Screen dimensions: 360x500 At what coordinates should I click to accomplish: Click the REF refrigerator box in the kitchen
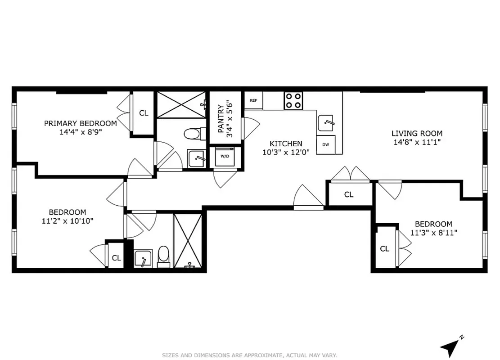tap(253, 100)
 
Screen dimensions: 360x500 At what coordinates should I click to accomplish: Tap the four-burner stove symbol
tap(293, 100)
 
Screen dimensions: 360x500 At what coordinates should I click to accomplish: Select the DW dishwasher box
tap(325, 145)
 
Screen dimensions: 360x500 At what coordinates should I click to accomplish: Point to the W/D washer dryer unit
tap(224, 157)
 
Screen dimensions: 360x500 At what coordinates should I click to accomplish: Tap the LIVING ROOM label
tap(417, 133)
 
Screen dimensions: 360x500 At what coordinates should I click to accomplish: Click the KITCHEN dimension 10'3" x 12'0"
tap(283, 152)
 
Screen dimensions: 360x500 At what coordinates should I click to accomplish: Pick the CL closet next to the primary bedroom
tap(143, 113)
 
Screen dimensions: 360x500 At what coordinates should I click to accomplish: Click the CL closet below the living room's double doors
tap(349, 194)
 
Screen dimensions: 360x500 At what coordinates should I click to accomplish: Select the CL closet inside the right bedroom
tap(384, 249)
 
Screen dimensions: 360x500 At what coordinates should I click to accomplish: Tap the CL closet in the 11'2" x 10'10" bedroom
tap(116, 258)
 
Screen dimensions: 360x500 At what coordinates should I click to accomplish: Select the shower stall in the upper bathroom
tap(181, 105)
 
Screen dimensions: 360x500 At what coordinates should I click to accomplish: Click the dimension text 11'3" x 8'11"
tap(433, 233)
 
